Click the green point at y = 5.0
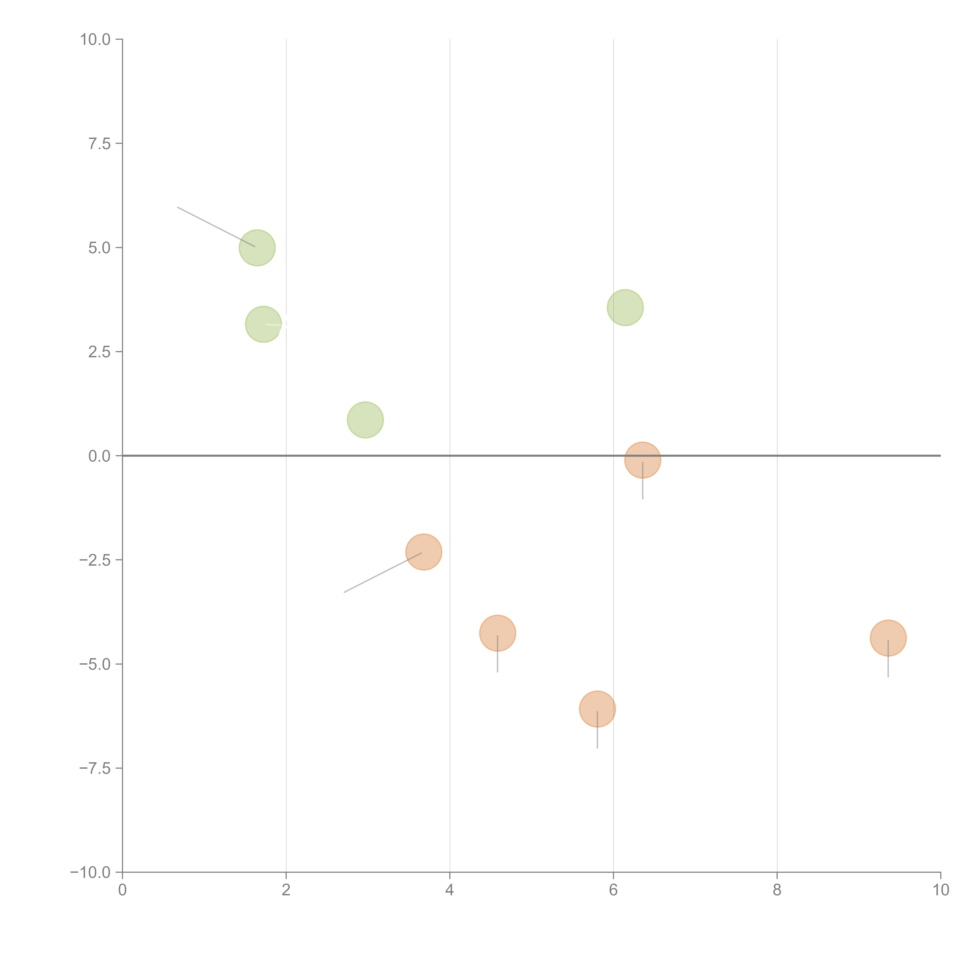click(257, 248)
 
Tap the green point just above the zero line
click(365, 419)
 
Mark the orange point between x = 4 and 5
click(498, 633)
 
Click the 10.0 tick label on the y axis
click(95, 40)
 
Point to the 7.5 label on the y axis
click(99, 143)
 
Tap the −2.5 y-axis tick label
click(95, 560)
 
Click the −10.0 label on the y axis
click(91, 872)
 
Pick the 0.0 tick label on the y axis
click(99, 456)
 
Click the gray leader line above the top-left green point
click(216, 227)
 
